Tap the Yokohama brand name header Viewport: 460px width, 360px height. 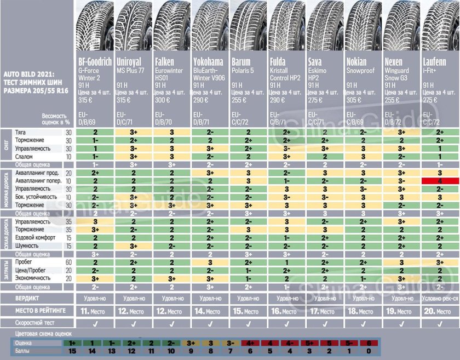(208, 62)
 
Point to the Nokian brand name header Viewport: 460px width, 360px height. (357, 62)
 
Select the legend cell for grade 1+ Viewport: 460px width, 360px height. (72, 343)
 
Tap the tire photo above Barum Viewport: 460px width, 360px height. (248, 27)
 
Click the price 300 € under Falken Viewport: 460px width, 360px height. (162, 100)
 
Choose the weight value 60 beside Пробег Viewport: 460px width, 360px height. (68, 262)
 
